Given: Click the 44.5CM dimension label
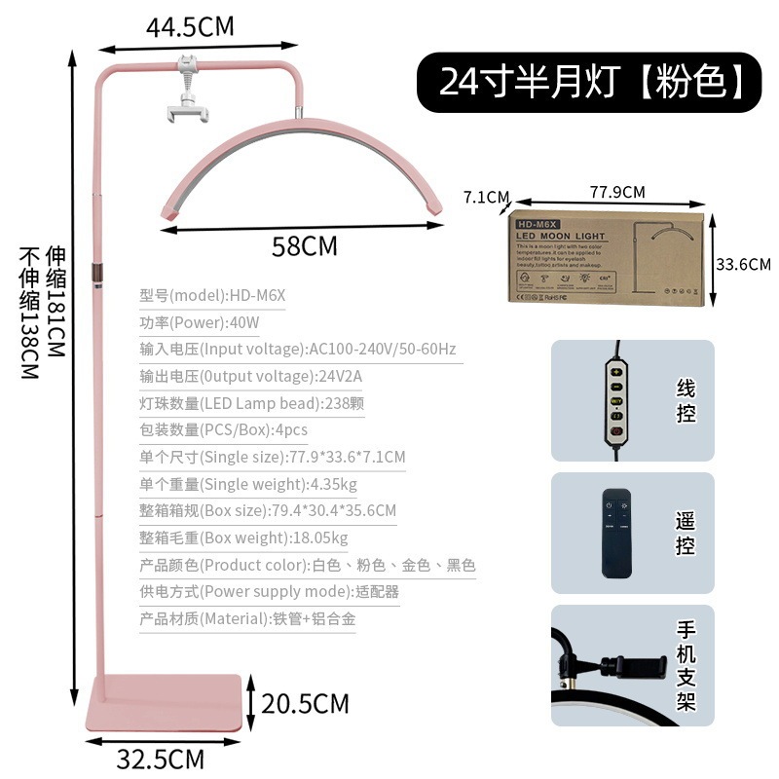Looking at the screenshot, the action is pos(190,26).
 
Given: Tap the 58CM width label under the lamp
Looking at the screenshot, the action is pos(305,246).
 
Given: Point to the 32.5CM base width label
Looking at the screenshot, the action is pos(161,758).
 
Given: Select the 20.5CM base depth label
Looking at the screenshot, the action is pos(305,702).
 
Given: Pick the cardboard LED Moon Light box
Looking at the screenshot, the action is pos(608,255).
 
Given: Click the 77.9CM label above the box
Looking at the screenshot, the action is pos(617,192).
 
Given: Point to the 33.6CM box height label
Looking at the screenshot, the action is pos(743,264).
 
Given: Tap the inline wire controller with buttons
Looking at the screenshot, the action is pos(615,400).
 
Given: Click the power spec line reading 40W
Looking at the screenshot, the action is pos(200,322).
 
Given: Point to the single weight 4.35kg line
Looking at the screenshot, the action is pos(248,484).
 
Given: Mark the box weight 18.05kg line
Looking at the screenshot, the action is pos(243,538).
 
